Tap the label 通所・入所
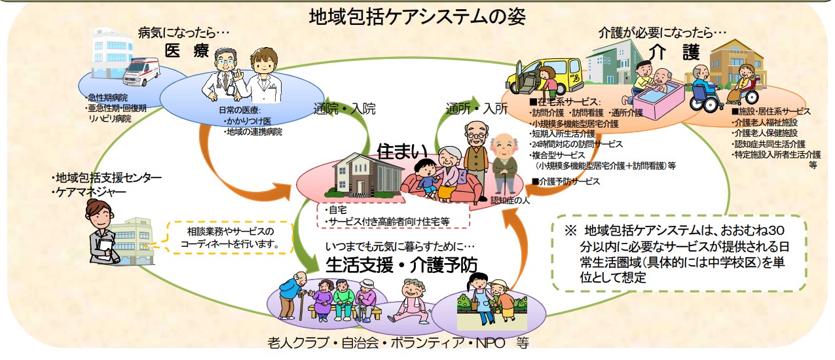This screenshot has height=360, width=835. pos(476,109)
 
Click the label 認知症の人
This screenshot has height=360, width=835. pos(510,201)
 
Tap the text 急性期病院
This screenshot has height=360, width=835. pos(107,98)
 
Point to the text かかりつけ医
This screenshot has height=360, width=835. pos(249,121)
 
